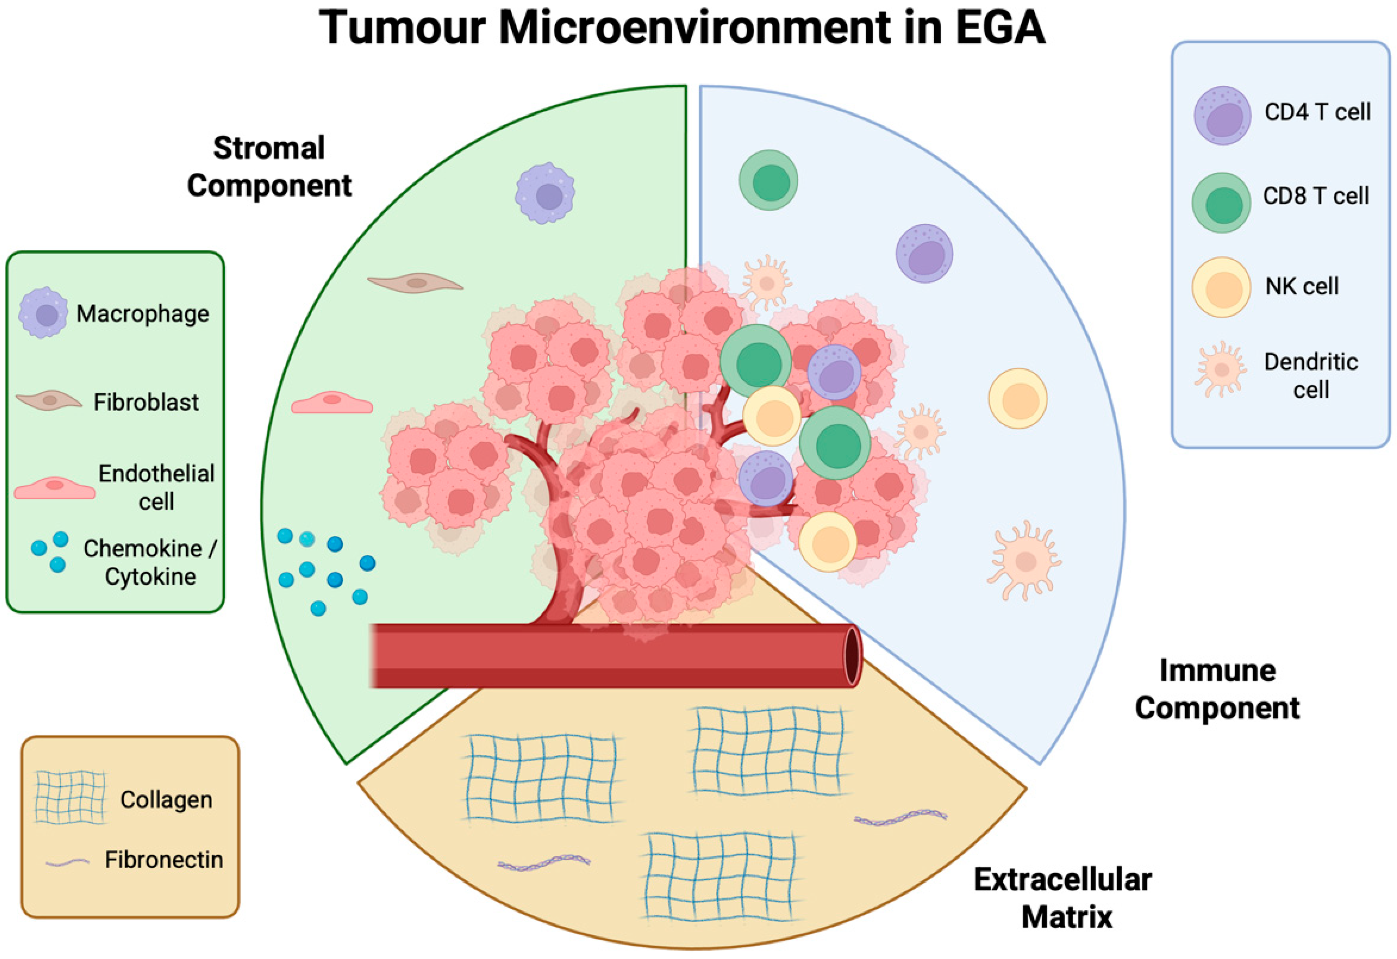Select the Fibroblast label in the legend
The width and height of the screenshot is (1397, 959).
pyautogui.click(x=146, y=402)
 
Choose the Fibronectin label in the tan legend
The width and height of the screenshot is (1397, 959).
pyautogui.click(x=164, y=860)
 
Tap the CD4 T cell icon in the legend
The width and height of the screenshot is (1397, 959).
pyautogui.click(x=1222, y=115)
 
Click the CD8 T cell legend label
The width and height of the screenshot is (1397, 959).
pyautogui.click(x=1316, y=196)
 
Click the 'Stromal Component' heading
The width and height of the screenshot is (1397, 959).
pyautogui.click(x=269, y=167)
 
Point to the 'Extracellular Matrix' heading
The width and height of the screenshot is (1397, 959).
pyautogui.click(x=1063, y=898)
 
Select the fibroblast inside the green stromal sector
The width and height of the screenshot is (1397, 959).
pyautogui.click(x=415, y=283)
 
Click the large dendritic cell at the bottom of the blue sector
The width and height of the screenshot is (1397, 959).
pyautogui.click(x=1024, y=561)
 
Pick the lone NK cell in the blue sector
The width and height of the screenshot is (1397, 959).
pyautogui.click(x=1018, y=398)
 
